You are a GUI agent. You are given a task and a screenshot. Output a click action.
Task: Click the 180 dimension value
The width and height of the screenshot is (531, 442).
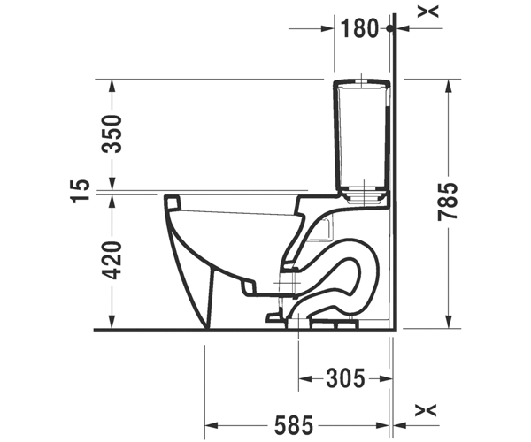click(358, 28)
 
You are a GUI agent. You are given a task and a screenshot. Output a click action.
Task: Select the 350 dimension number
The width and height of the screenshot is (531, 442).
click(112, 133)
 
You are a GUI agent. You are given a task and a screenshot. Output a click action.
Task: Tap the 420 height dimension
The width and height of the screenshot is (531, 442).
click(112, 261)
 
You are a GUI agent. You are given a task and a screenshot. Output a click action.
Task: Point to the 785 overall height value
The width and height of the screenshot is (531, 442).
click(448, 202)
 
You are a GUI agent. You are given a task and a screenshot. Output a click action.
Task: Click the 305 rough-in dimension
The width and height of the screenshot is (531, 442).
click(345, 378)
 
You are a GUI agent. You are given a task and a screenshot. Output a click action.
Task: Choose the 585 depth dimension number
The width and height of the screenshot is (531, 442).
click(294, 425)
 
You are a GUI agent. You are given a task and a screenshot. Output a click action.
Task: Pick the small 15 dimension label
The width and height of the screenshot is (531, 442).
click(81, 190)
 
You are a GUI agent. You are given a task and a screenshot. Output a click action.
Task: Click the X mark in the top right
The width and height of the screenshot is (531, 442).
click(427, 11)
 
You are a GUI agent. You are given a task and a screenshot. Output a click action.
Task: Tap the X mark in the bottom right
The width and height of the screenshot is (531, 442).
click(426, 410)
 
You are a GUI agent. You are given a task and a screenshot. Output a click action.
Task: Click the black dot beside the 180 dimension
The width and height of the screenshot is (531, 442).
click(390, 28)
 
